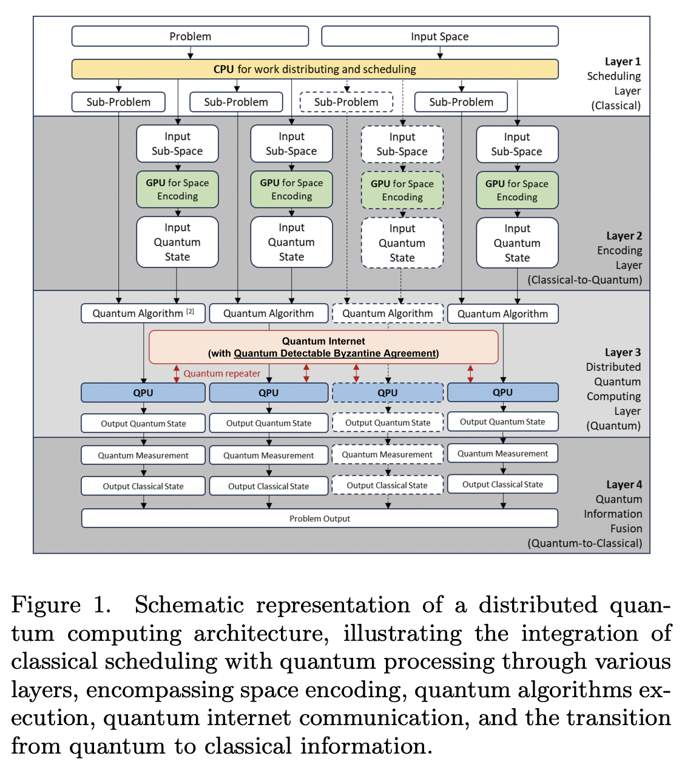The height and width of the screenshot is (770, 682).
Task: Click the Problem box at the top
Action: [190, 36]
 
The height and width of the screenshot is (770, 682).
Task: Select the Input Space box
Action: [439, 36]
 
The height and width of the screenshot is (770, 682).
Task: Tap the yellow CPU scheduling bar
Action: [314, 69]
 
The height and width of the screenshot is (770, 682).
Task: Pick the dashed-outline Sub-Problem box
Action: [346, 102]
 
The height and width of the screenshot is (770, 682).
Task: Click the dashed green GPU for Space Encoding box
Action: [402, 190]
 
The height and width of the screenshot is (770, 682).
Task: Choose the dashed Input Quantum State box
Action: [402, 243]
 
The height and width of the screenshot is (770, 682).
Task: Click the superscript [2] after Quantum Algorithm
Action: [190, 311]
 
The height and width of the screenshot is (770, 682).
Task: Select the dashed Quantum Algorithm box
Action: [387, 313]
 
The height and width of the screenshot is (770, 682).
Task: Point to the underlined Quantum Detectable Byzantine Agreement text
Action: [335, 353]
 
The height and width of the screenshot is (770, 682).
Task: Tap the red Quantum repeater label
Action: [221, 373]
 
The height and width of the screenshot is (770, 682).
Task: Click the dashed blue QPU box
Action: [387, 392]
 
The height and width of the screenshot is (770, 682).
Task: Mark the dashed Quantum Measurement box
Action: [387, 454]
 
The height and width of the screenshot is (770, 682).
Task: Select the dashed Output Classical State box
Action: [387, 485]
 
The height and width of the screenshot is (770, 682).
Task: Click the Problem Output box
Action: [319, 518]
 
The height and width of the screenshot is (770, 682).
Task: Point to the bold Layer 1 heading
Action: [623, 61]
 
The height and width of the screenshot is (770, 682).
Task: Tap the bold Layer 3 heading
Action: [623, 352]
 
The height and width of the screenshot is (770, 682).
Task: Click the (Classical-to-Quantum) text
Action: [584, 280]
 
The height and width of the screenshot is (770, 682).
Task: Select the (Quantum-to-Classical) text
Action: [584, 543]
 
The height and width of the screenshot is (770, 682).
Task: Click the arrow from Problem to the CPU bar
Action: [190, 53]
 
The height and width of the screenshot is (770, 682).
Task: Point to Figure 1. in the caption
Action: [61, 605]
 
